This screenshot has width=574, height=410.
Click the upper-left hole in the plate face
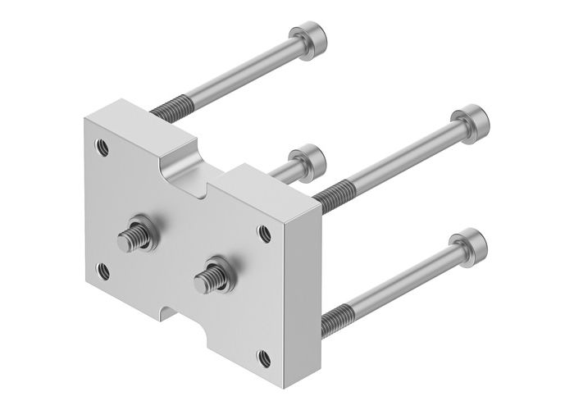[x=102, y=148]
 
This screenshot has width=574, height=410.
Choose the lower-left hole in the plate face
[x=103, y=270]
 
